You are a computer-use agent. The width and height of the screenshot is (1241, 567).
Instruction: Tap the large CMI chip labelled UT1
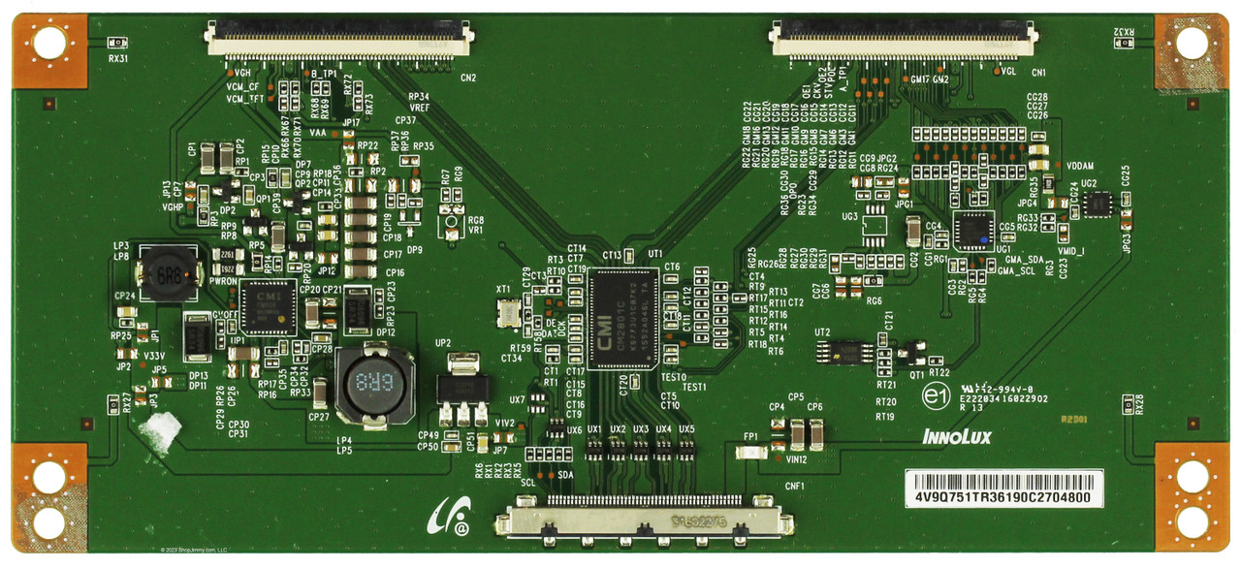click(x=623, y=319)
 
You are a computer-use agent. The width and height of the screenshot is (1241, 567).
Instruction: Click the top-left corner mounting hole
click(x=48, y=44)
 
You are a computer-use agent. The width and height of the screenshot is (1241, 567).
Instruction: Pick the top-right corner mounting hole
click(x=1191, y=44)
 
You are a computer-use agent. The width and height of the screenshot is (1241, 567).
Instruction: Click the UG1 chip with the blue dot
click(x=973, y=231)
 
